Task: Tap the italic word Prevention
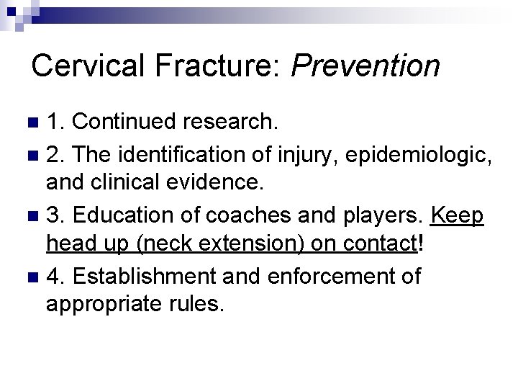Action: point(365,65)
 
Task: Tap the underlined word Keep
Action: point(457,215)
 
